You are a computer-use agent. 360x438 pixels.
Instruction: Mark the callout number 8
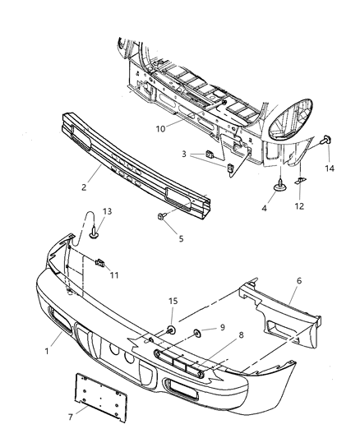tap(218, 336)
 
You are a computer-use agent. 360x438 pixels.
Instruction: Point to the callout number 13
tap(105, 211)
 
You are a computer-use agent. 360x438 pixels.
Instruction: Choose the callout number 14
tap(330, 168)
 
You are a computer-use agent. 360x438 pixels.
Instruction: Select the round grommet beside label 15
tap(172, 331)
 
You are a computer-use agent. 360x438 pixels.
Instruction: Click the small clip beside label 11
tap(99, 263)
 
